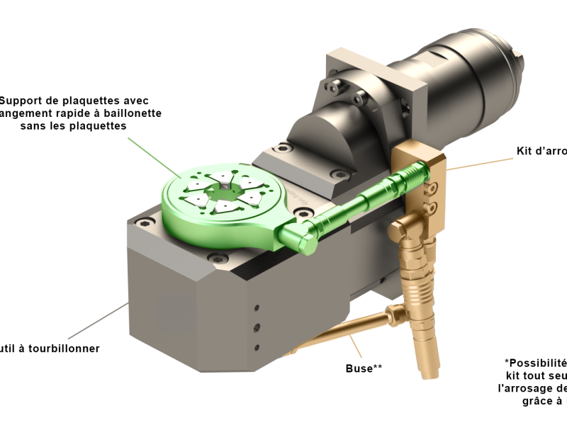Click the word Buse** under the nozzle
pos(364,368)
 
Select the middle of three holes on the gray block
pos(257,327)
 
